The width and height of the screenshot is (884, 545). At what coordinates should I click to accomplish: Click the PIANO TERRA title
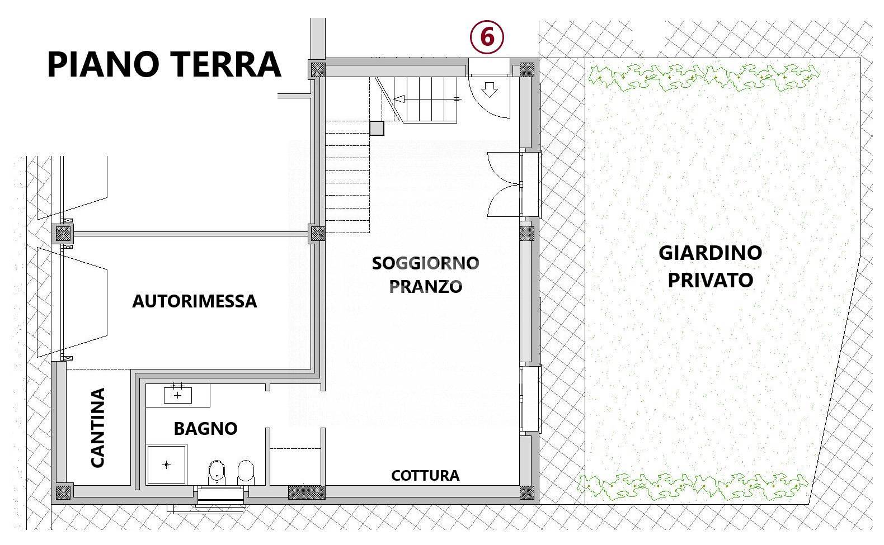click(163, 64)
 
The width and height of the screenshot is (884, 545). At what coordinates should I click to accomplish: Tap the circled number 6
click(487, 37)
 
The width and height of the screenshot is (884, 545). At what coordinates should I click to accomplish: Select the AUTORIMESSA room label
click(194, 301)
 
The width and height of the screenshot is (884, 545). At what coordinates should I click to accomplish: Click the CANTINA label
click(97, 428)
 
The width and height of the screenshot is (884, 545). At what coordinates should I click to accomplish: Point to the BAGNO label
click(205, 429)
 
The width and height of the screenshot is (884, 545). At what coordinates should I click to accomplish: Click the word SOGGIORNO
click(425, 263)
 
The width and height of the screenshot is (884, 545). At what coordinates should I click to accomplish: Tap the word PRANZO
click(426, 286)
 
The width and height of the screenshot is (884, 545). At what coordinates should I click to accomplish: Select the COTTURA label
click(425, 476)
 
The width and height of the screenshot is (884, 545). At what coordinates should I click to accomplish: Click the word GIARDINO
click(710, 253)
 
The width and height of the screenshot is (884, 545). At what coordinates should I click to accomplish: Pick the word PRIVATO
click(710, 279)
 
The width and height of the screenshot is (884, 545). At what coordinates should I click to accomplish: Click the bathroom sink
click(178, 395)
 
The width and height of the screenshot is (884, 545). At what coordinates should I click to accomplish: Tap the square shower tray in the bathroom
click(166, 464)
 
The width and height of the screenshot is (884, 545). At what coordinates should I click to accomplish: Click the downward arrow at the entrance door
click(490, 89)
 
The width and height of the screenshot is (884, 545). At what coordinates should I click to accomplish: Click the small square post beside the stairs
click(377, 129)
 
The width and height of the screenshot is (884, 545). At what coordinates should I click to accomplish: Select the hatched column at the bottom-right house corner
click(527, 492)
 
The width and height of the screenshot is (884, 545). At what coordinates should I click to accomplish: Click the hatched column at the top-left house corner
click(318, 70)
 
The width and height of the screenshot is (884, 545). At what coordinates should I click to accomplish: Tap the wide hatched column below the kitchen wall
click(306, 492)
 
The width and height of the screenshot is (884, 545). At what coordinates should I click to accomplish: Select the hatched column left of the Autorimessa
click(64, 233)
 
